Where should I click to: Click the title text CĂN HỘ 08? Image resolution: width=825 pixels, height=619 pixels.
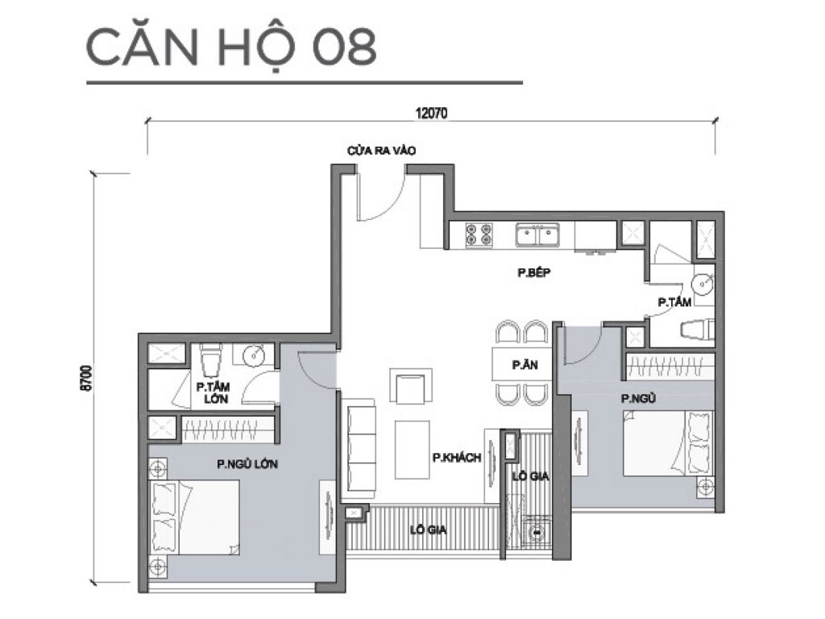tap(231, 48)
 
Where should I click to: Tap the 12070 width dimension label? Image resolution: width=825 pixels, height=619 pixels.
tap(432, 114)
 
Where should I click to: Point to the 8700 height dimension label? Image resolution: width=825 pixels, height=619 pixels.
tap(85, 379)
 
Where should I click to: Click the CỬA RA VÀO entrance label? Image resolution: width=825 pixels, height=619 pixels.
tap(381, 151)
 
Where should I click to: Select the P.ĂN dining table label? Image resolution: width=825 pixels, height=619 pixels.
tap(520, 365)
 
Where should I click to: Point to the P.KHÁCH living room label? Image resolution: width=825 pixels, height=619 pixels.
tap(456, 457)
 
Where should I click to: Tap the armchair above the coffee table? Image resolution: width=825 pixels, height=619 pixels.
tap(410, 384)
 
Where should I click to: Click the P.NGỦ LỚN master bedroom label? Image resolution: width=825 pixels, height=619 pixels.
tap(242, 463)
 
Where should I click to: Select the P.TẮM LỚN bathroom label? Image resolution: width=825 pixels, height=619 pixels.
tap(212, 393)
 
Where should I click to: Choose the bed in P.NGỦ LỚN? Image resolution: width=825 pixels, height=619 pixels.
tap(197, 517)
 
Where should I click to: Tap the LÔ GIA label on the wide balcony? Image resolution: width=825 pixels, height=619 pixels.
tap(428, 530)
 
